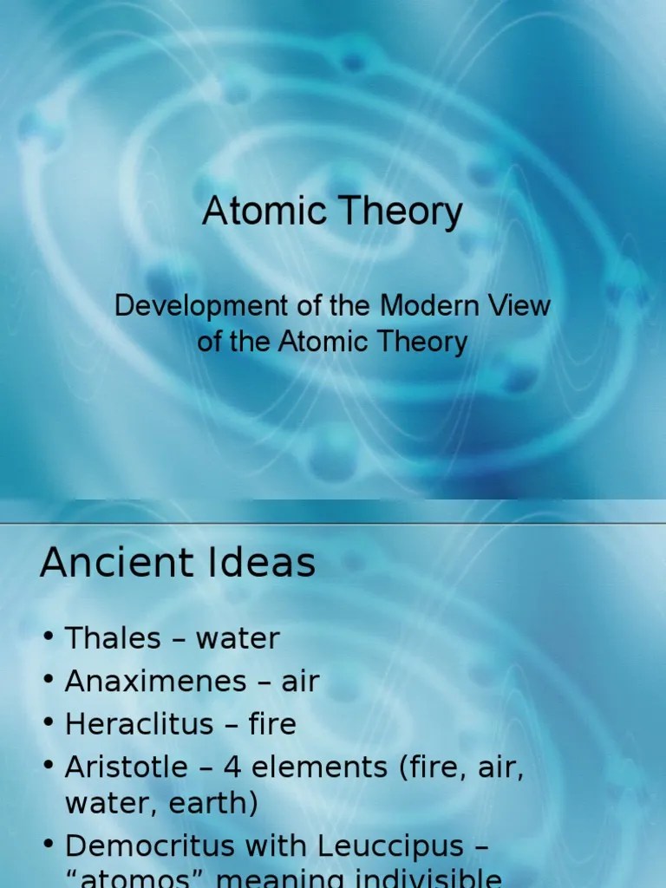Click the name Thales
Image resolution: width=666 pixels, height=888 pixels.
(x=113, y=639)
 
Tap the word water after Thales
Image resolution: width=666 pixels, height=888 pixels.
(x=238, y=640)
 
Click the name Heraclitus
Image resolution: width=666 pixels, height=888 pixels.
(x=141, y=724)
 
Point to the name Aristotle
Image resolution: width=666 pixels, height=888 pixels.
(x=127, y=767)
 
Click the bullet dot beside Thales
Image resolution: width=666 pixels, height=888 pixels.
(x=49, y=640)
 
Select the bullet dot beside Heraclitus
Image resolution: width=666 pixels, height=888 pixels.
(x=49, y=725)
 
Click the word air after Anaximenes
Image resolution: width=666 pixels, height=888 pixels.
(x=300, y=682)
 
